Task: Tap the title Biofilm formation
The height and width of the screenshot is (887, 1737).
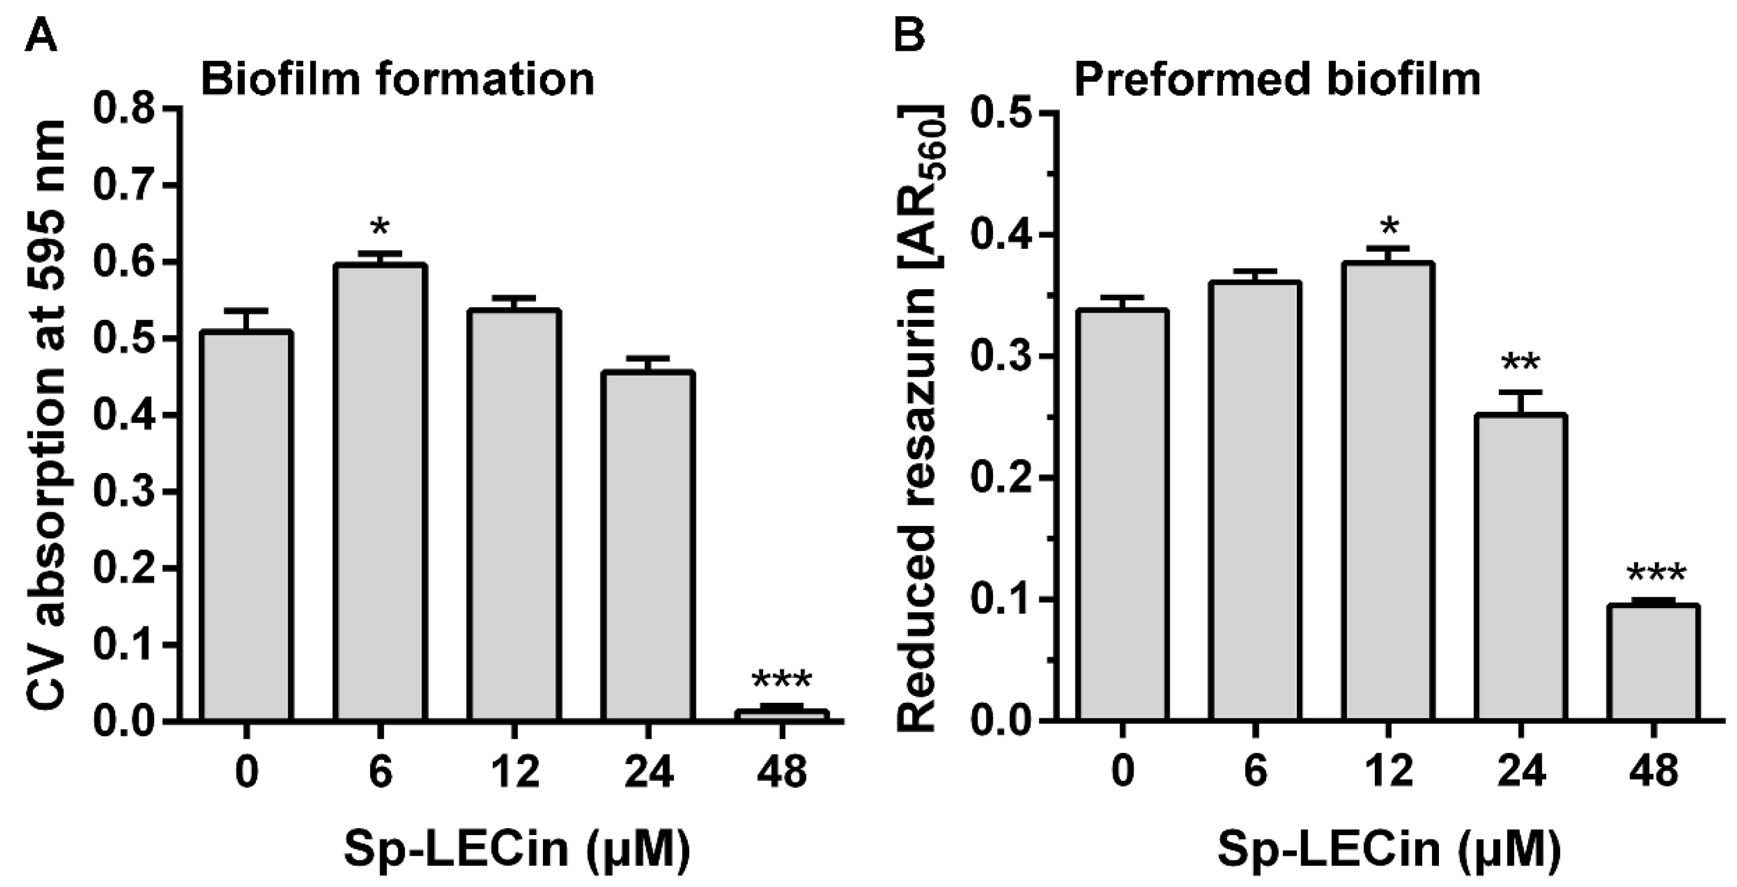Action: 397,79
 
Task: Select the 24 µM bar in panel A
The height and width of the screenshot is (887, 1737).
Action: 648,546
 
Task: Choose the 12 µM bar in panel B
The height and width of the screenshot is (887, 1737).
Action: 1388,492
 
